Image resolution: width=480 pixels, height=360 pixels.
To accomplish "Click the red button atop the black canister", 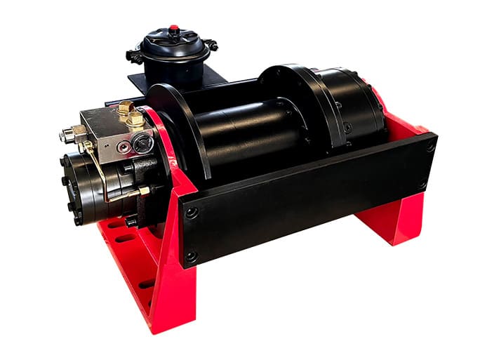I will point(173,29).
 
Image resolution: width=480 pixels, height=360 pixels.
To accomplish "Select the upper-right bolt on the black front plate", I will point(430,146).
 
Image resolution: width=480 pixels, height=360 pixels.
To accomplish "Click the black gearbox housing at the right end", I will point(351,105).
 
